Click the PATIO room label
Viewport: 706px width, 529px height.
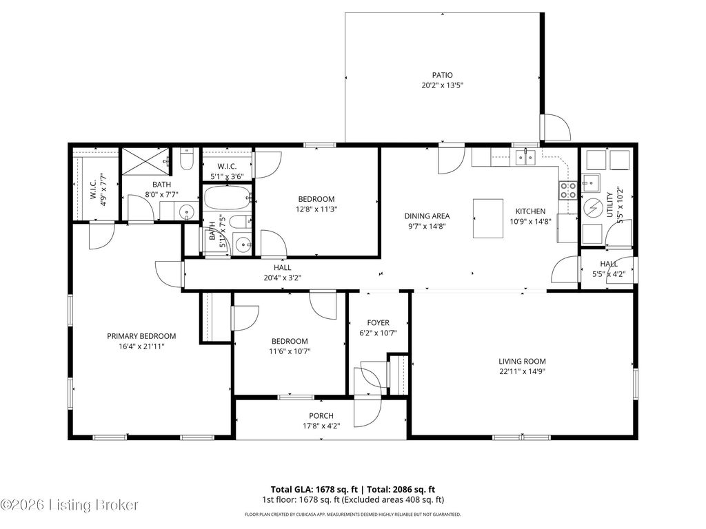coord(442,75)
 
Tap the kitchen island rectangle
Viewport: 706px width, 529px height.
coord(489,218)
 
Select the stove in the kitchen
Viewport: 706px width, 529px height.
coord(568,190)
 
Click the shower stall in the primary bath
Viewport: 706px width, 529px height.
coord(145,162)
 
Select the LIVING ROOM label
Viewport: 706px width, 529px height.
coord(522,361)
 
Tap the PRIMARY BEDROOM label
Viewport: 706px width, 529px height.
coord(141,336)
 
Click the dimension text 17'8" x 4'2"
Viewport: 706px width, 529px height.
coord(321,426)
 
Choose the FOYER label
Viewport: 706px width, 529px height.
coord(378,322)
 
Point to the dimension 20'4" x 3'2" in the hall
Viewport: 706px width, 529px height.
coord(282,278)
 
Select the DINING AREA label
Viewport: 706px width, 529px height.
coord(427,216)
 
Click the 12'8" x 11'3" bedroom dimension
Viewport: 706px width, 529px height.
coord(316,209)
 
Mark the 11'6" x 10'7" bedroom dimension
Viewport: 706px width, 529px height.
coord(289,351)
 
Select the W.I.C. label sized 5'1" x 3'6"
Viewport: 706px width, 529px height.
coord(228,166)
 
